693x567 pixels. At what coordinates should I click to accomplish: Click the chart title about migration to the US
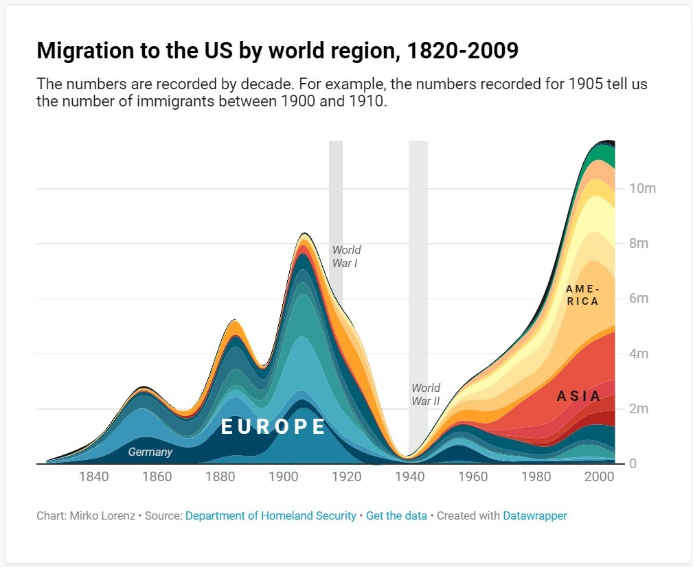coord(277,51)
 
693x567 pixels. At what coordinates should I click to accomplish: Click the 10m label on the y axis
coord(643,189)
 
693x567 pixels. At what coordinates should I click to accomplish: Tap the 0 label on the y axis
coord(634,464)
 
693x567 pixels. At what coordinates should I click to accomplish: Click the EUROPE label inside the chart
coord(273,427)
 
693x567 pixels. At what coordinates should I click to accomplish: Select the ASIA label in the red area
coord(578,396)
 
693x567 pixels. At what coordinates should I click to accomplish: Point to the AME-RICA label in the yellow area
coord(582,295)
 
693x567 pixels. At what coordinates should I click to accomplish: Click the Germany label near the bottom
coord(150,452)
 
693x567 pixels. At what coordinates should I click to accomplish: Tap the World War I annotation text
coord(346,256)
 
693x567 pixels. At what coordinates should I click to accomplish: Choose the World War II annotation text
coord(426,395)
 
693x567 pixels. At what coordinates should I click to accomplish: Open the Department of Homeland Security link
coord(271,516)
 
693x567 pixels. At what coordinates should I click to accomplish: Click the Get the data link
coord(396,516)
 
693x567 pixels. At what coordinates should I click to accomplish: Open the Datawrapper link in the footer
coord(535,516)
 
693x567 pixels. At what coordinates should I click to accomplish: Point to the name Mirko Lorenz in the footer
coord(102,516)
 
